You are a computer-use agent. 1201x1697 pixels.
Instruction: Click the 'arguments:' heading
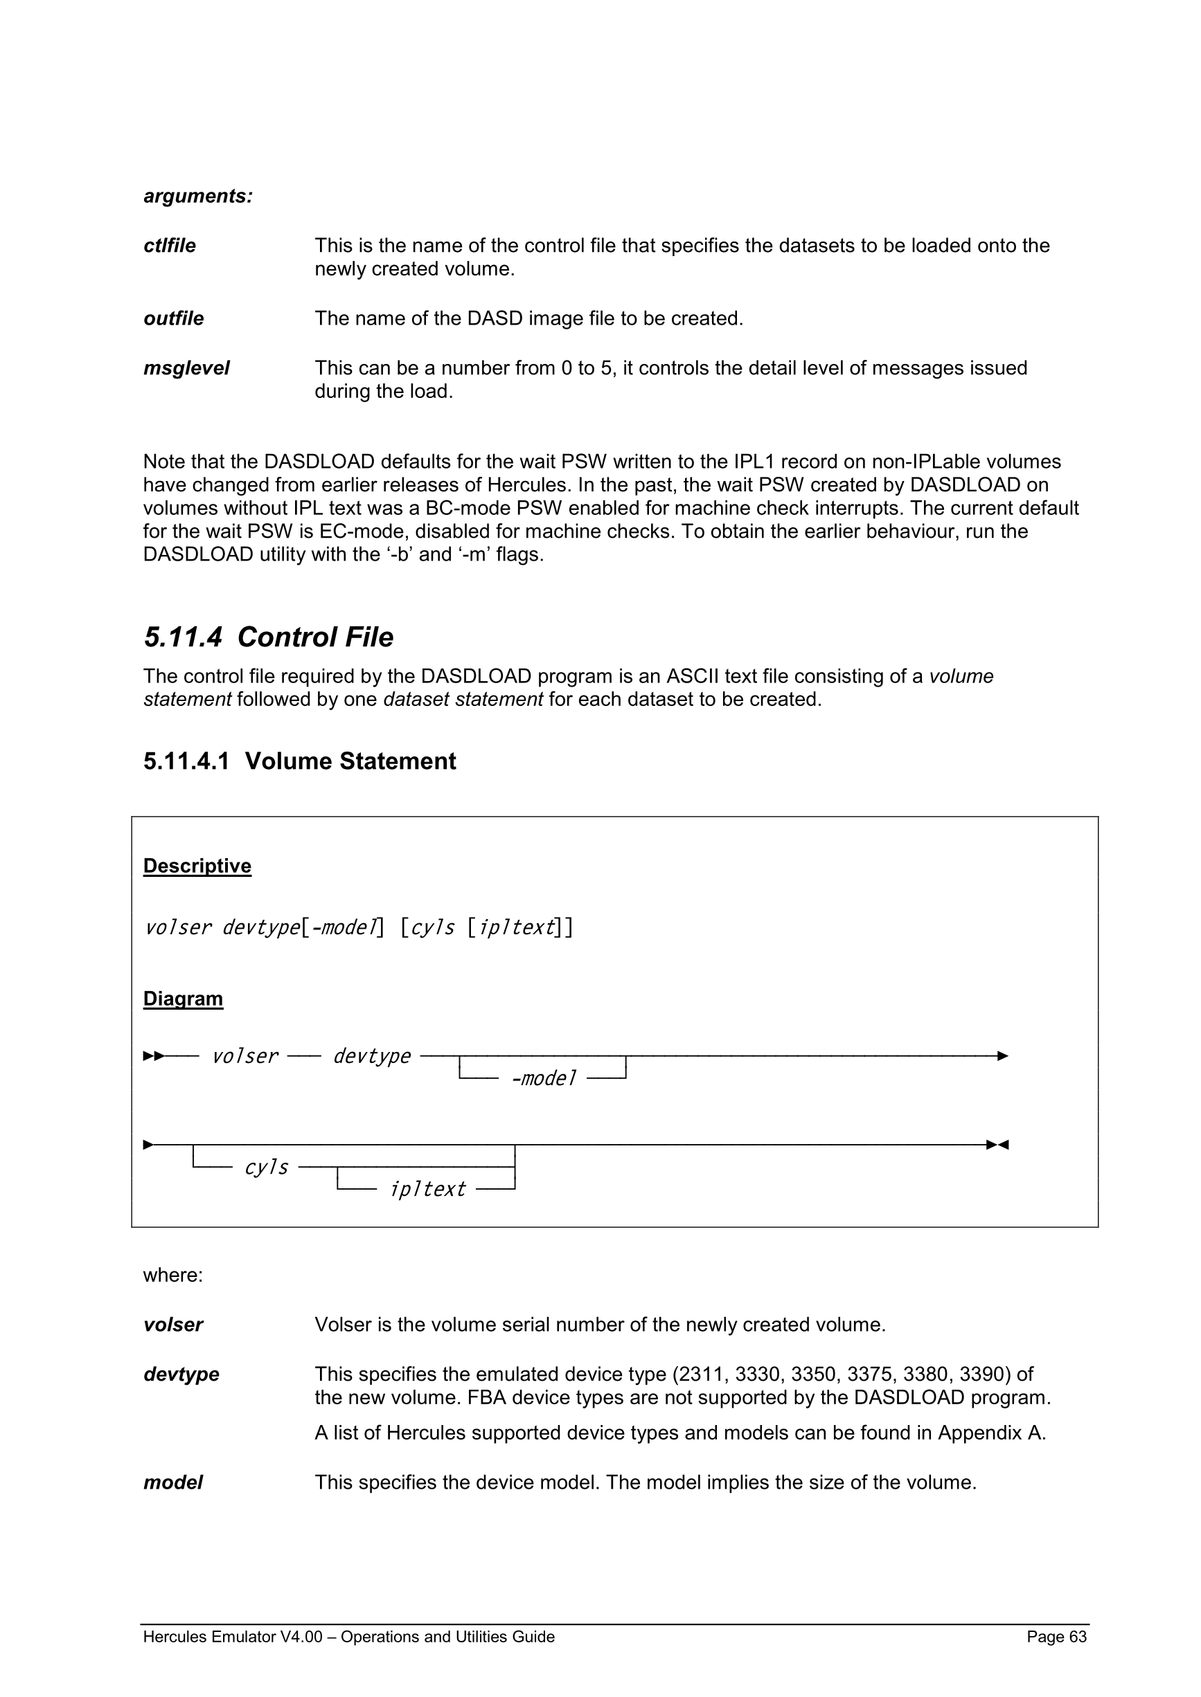click(x=197, y=196)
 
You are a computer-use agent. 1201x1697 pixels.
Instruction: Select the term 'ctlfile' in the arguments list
click(x=170, y=246)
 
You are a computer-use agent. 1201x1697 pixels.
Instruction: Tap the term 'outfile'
click(x=173, y=318)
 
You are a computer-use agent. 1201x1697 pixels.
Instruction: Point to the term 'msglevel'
click(x=186, y=368)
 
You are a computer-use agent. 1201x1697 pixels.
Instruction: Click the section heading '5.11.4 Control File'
click(x=269, y=637)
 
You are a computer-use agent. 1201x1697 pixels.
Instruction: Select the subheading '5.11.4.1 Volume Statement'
click(x=299, y=761)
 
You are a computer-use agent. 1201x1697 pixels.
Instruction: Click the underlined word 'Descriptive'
click(x=197, y=866)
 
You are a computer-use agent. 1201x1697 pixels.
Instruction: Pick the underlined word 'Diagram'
click(x=183, y=999)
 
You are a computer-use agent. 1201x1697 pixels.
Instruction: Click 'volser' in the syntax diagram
click(x=244, y=1056)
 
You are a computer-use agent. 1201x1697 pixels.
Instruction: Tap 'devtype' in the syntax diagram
click(x=371, y=1056)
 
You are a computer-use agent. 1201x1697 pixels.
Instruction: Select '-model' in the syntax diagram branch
click(x=543, y=1078)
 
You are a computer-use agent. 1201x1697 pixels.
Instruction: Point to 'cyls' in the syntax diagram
click(x=266, y=1167)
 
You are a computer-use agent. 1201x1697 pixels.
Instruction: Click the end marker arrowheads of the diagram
click(x=997, y=1145)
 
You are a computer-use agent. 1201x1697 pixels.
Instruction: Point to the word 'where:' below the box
click(x=172, y=1275)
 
